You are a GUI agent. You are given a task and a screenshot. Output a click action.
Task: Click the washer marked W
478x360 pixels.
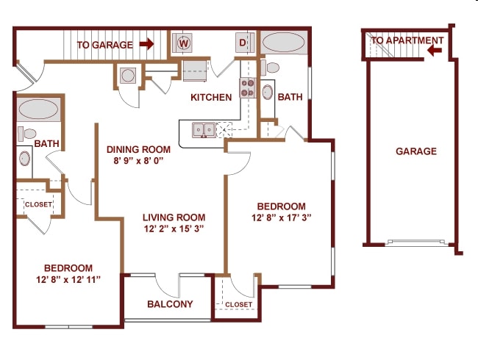pos(182,43)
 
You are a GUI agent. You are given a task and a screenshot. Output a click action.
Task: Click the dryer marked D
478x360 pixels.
pos(245,43)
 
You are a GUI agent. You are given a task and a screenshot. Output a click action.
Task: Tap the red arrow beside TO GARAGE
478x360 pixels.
pos(146,43)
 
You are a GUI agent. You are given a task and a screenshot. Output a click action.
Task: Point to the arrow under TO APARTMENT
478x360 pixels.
pos(435,50)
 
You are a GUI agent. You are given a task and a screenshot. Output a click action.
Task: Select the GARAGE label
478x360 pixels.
pos(416,151)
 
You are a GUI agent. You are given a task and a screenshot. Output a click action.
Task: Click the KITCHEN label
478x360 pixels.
pos(211,97)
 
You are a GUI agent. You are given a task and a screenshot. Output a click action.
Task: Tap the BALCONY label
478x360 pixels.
pos(170,303)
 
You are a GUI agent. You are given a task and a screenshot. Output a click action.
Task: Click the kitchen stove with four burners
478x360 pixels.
pos(248,87)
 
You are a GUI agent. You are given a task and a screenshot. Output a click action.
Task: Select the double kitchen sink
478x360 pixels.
pos(204,130)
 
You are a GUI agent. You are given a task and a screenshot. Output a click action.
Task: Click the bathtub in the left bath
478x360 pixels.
pos(38,109)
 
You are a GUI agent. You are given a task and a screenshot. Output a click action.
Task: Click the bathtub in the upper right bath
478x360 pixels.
pos(284,43)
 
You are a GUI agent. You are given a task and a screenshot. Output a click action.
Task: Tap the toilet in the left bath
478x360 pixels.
pos(26,134)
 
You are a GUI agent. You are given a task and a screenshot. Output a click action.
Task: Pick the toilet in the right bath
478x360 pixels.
pos(270,68)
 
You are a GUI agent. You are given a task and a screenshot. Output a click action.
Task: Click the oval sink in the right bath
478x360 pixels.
pos(268,92)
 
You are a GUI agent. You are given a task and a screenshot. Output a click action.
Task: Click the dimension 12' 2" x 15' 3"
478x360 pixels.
pos(174,228)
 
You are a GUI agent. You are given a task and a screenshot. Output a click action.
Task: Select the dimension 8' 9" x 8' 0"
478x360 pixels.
pos(138,160)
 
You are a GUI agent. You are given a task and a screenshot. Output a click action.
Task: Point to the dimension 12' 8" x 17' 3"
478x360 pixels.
pos(282,217)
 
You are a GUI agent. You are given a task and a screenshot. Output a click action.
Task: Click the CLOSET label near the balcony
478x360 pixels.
pos(239,305)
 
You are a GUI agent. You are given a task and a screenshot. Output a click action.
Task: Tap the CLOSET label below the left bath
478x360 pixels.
pos(38,204)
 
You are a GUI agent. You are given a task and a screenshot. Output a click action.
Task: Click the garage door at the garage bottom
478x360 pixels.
pos(416,242)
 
